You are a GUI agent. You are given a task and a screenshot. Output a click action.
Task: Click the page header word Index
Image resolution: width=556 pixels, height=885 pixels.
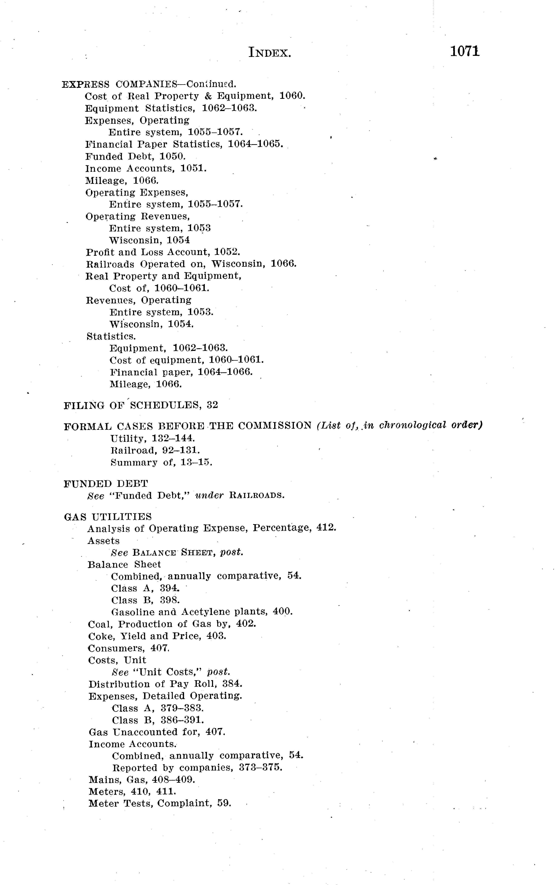tap(270, 53)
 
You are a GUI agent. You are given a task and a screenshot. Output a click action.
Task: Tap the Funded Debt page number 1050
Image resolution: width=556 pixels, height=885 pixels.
tap(173, 157)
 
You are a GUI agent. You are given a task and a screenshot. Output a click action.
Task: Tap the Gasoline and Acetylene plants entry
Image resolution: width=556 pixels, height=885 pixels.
tap(202, 612)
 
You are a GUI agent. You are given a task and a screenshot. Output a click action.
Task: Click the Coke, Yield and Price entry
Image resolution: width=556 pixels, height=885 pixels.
tap(157, 636)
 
